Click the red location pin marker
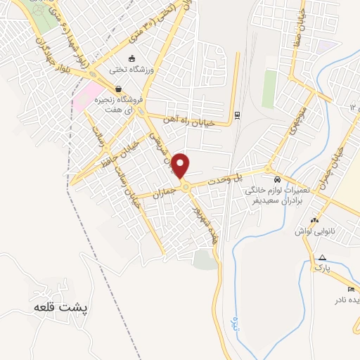181,166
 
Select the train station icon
238,115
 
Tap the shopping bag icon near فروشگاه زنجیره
117,89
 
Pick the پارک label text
322,268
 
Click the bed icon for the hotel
351,290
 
